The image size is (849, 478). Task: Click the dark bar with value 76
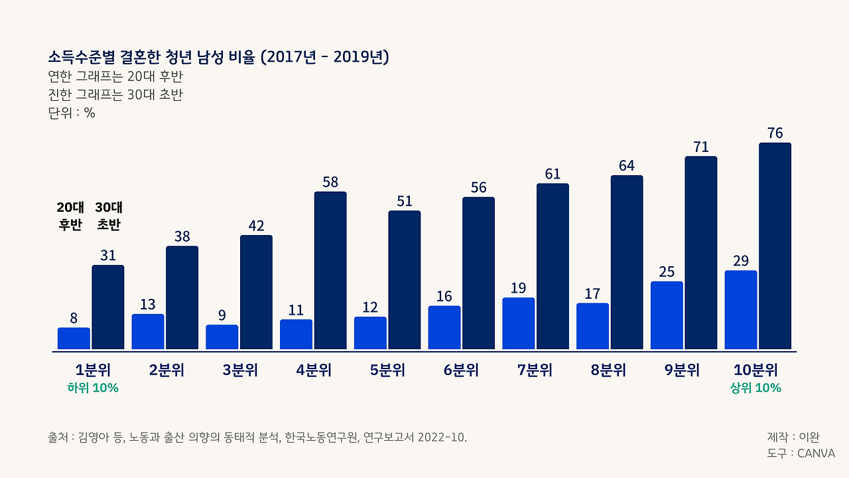[x=775, y=246]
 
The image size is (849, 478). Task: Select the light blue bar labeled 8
[x=74, y=338]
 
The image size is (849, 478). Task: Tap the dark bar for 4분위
[x=330, y=270]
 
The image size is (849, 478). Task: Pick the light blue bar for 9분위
[x=667, y=315]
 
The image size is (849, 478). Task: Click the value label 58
[x=330, y=182]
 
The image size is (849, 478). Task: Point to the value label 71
[x=701, y=147]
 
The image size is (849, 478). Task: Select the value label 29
[x=741, y=261]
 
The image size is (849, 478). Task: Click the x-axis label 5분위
[x=387, y=370]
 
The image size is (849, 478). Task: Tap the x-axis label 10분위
[x=755, y=370]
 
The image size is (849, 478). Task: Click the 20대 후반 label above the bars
[x=70, y=216]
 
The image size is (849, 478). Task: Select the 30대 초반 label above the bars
[x=109, y=216]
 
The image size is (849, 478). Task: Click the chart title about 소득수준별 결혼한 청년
[x=218, y=57]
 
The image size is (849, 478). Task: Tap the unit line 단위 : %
[x=72, y=113]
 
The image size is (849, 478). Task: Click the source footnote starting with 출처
[x=257, y=438]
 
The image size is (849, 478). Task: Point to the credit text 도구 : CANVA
[x=801, y=453]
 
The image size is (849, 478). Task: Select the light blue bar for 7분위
[x=519, y=323]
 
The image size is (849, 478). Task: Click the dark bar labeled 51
[x=405, y=279]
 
